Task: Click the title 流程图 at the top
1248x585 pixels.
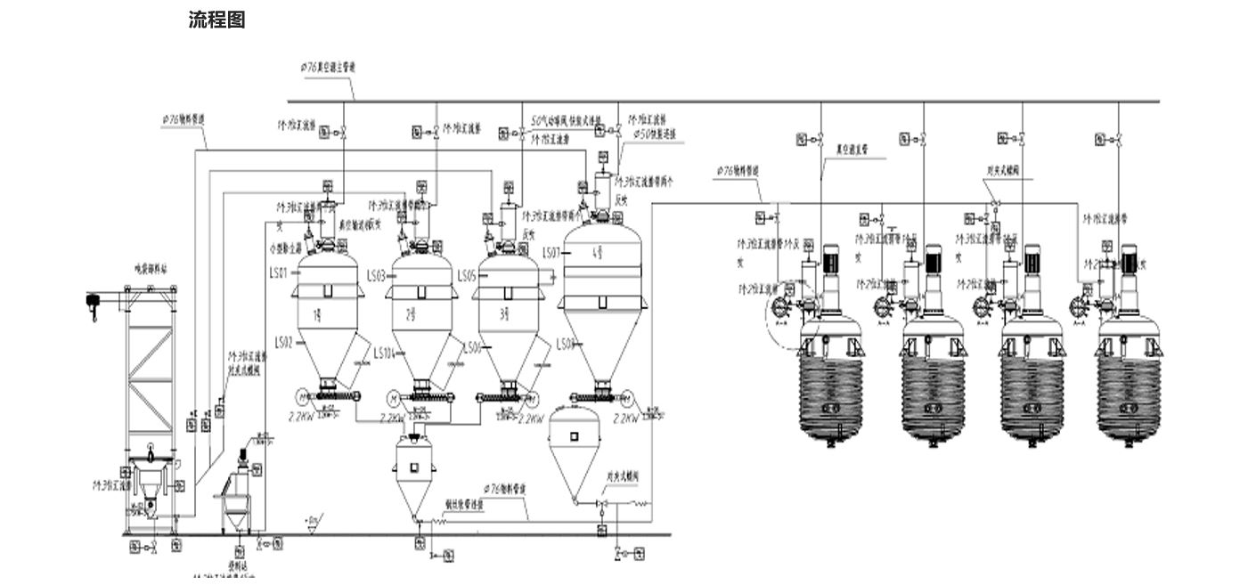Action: click(x=216, y=20)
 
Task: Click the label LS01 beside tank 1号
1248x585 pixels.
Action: click(x=279, y=273)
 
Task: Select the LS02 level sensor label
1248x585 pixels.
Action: click(x=284, y=342)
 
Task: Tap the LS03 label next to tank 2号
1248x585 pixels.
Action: click(x=376, y=276)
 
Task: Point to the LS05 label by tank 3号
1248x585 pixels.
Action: click(x=467, y=276)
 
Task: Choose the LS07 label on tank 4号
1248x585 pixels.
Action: click(x=551, y=253)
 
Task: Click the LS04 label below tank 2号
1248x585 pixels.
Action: click(x=384, y=351)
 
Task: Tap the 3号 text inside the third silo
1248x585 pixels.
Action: click(x=504, y=313)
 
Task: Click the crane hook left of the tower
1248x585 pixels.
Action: click(x=92, y=303)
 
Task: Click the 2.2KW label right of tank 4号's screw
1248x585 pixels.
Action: click(x=627, y=416)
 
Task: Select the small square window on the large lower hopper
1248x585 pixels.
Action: click(x=574, y=435)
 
